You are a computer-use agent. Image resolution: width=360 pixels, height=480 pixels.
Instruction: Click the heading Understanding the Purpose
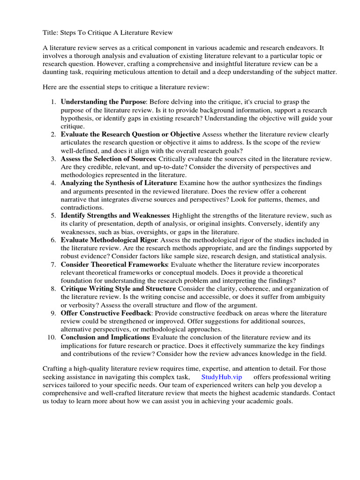(104, 102)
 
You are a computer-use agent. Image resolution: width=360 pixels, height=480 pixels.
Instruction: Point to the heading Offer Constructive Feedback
(106, 313)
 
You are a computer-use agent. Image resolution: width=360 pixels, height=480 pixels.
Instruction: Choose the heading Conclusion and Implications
(105, 337)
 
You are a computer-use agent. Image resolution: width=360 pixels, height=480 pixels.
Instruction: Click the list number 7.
(53, 264)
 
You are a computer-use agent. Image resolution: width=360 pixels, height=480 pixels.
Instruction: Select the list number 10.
(52, 337)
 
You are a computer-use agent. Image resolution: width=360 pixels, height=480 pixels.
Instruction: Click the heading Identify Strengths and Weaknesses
(115, 216)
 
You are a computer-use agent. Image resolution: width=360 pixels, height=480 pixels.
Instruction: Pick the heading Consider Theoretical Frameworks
(114, 264)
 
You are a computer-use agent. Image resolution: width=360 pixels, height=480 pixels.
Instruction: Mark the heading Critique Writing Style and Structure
(118, 288)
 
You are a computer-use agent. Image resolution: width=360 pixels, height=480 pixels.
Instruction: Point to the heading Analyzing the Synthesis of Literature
(118, 183)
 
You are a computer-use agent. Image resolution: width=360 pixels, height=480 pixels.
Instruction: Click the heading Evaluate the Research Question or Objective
(130, 134)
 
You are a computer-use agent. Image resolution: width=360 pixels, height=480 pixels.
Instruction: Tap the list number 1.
(53, 102)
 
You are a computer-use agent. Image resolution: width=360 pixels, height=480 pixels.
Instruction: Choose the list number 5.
(53, 216)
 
